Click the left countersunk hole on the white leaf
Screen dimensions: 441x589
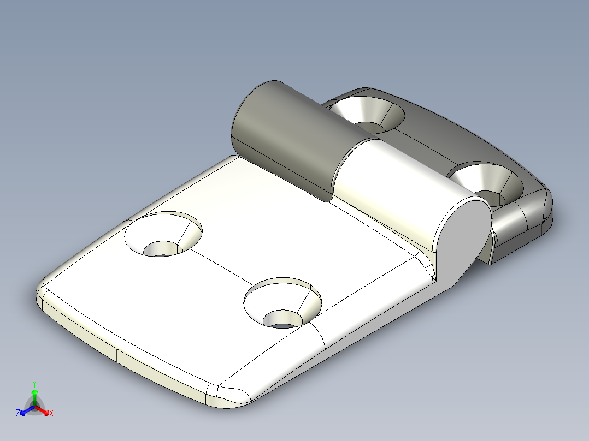click(163, 235)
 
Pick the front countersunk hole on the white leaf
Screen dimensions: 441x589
click(282, 303)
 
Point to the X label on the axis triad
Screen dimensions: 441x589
click(51, 414)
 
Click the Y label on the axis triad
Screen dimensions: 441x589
click(34, 384)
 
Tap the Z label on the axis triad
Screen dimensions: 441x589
click(18, 414)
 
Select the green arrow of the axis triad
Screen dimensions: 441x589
click(34, 394)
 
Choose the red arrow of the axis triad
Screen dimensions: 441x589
click(44, 411)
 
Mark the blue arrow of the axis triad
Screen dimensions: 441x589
click(25, 411)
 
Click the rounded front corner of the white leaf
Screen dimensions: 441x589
click(229, 396)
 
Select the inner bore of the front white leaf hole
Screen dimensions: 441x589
click(281, 319)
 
